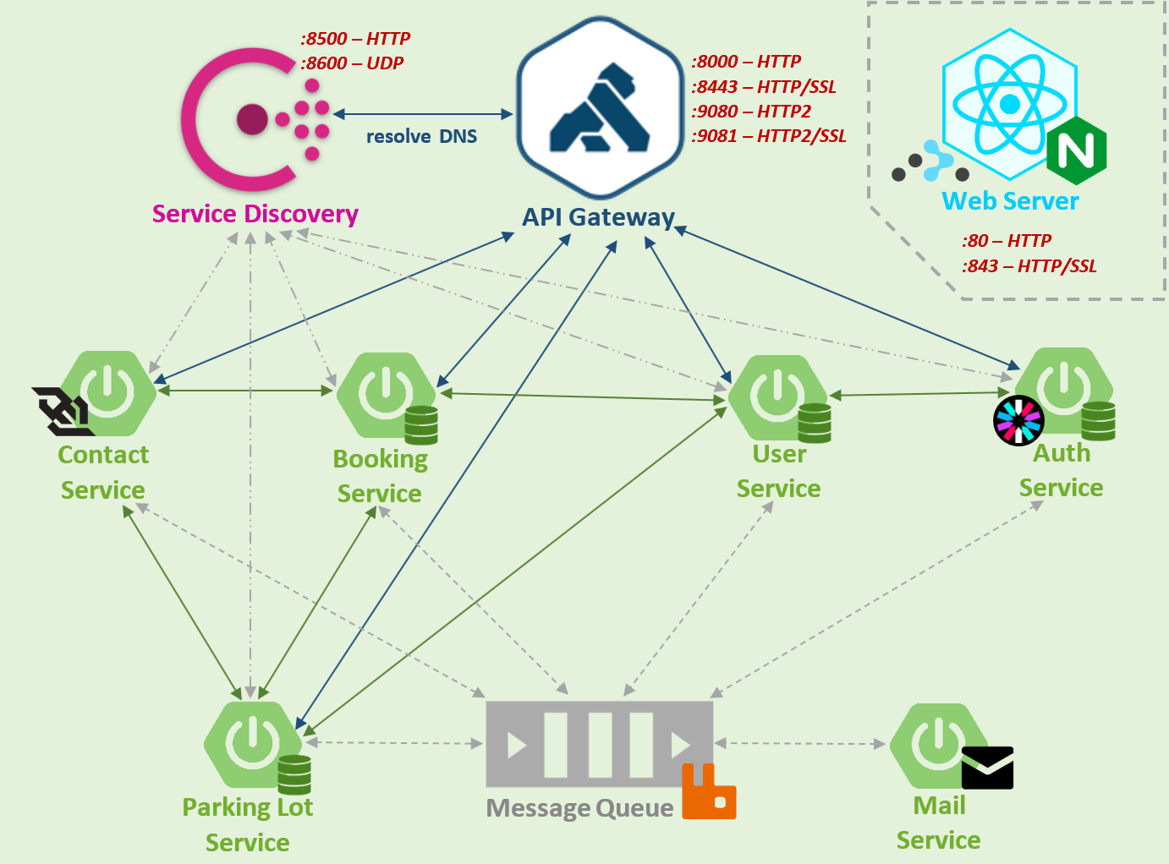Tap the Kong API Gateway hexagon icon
[600, 108]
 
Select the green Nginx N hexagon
[1076, 151]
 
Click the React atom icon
[1009, 104]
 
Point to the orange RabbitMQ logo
[709, 792]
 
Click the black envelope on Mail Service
[987, 768]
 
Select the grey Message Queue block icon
[599, 744]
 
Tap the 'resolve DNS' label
[421, 137]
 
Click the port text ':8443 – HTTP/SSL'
[764, 86]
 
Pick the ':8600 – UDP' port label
[352, 63]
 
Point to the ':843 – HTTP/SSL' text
[1029, 266]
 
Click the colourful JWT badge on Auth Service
[1018, 420]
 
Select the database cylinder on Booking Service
[421, 425]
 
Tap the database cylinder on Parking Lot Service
[294, 774]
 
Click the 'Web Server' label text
[1010, 201]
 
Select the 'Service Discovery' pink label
[255, 214]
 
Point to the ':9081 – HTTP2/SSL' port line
[769, 136]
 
